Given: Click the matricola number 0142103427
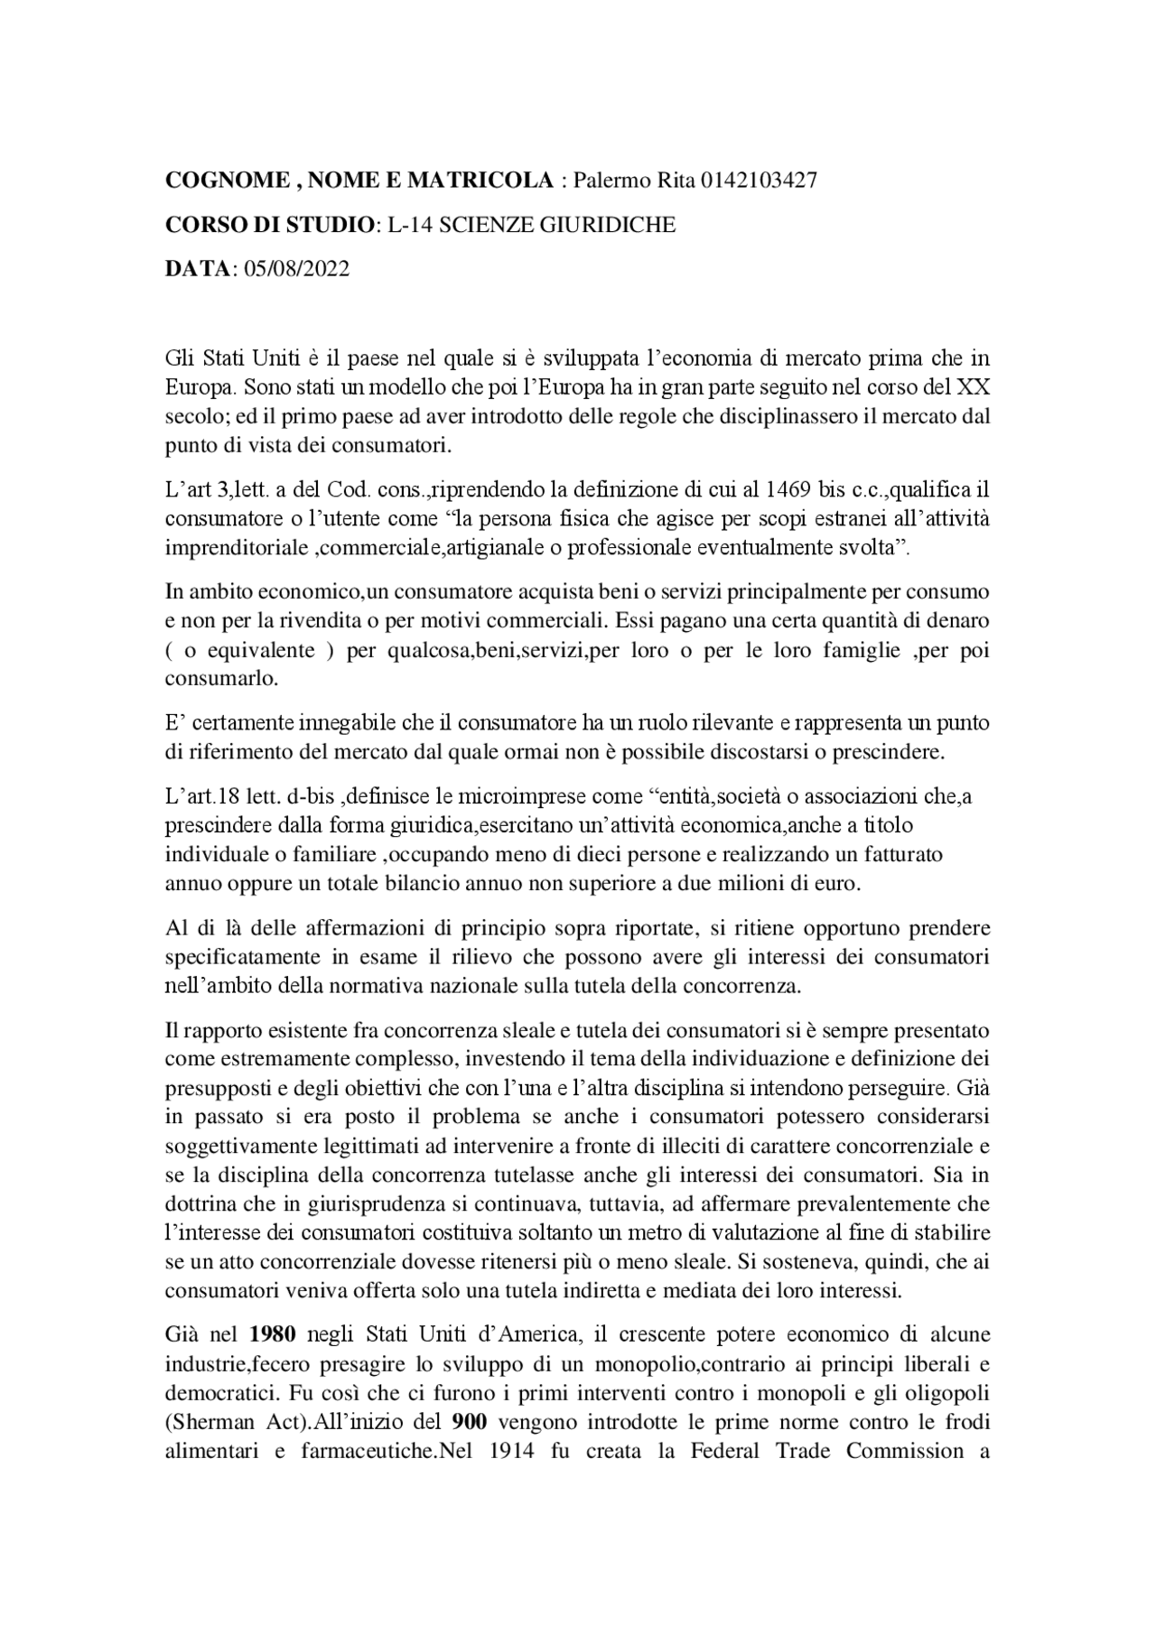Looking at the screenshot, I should (760, 181).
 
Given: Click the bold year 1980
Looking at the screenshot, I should (273, 1334).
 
